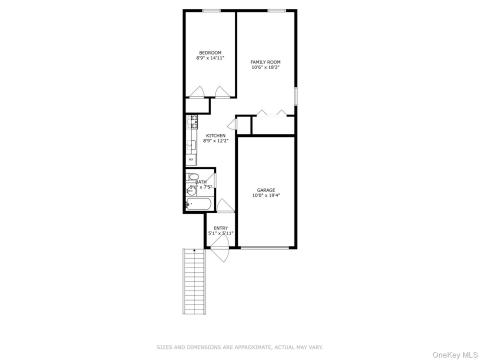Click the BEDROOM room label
[209, 52]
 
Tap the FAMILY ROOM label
[265, 62]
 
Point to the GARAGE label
[265, 189]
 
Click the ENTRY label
[220, 227]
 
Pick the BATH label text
[201, 182]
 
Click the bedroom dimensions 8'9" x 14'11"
[209, 58]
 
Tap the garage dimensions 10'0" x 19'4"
[265, 195]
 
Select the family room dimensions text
[265, 68]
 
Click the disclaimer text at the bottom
[240, 347]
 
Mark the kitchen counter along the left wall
[190, 141]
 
